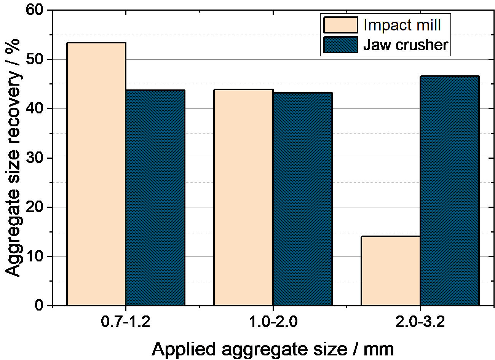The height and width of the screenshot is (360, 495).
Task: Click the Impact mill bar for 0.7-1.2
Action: pos(96,174)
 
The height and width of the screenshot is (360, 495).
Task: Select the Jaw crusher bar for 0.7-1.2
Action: pos(155,198)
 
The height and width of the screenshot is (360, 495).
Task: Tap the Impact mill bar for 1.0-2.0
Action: pos(244,198)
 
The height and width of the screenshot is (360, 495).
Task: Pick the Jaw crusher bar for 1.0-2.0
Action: pos(302,199)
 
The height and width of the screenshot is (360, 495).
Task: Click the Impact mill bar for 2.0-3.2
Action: pos(391,271)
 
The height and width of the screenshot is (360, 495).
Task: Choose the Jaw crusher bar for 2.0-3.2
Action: pos(449,191)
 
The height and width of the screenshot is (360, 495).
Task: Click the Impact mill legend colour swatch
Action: pos(340,25)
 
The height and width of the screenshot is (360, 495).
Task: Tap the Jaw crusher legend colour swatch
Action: pos(340,45)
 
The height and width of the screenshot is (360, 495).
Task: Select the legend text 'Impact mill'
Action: pos(402,25)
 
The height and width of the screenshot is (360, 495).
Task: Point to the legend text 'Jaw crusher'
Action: pos(406,45)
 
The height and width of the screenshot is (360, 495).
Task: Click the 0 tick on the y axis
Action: pos(39,305)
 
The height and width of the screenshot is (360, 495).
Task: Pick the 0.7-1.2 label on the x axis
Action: pos(126,322)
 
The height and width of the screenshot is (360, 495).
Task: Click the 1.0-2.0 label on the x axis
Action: pos(273,322)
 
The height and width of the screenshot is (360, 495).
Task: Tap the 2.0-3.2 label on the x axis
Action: pos(420,322)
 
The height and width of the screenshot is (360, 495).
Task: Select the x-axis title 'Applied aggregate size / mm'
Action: pos(273,349)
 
